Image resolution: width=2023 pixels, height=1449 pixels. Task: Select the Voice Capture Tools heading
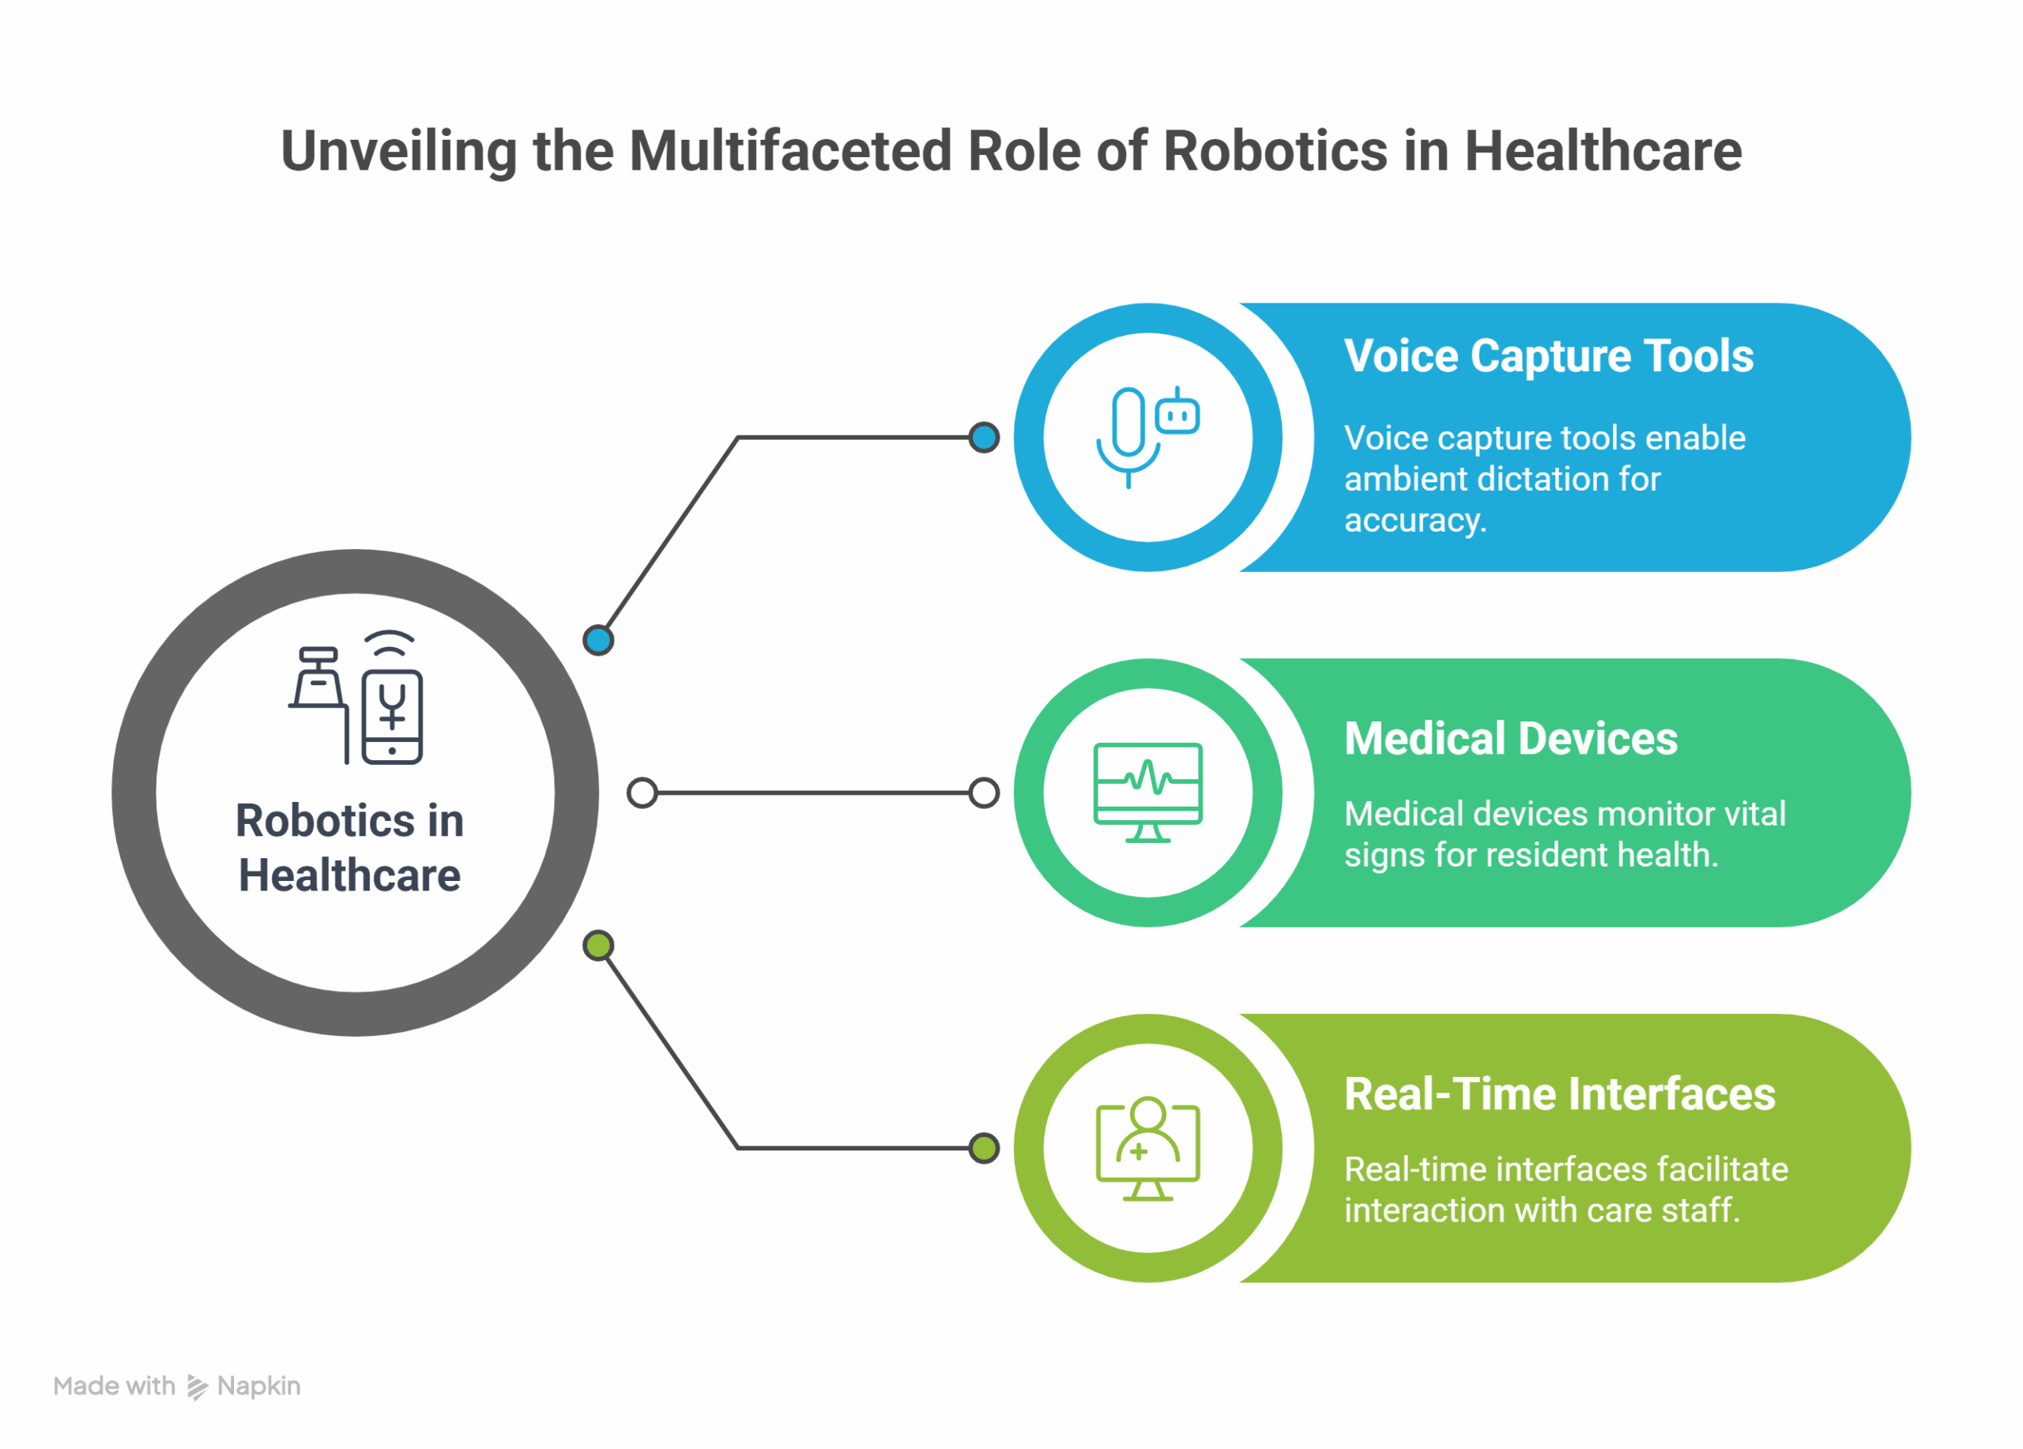tap(1549, 356)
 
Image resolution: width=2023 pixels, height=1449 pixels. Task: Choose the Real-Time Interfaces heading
tap(1560, 1094)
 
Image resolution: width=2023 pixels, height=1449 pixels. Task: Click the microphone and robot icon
tap(1148, 437)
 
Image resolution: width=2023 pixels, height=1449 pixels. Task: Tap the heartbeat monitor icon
tap(1148, 792)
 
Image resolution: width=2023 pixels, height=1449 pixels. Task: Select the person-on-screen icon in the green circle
tap(1148, 1149)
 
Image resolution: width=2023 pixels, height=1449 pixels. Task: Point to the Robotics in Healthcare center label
tap(349, 847)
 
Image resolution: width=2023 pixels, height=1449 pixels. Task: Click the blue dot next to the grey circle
tap(598, 640)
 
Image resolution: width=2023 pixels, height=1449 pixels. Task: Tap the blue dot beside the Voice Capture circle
tap(984, 437)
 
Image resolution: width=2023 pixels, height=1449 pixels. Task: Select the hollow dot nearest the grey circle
tap(642, 792)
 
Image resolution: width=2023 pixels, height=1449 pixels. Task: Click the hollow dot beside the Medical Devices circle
tap(984, 792)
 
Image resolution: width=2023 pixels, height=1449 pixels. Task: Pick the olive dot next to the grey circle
tap(598, 945)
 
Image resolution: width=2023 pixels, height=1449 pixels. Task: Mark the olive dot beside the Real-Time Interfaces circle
tap(984, 1149)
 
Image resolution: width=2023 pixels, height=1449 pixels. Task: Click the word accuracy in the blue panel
tap(1415, 521)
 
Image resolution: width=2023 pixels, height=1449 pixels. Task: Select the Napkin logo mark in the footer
tap(197, 1387)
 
